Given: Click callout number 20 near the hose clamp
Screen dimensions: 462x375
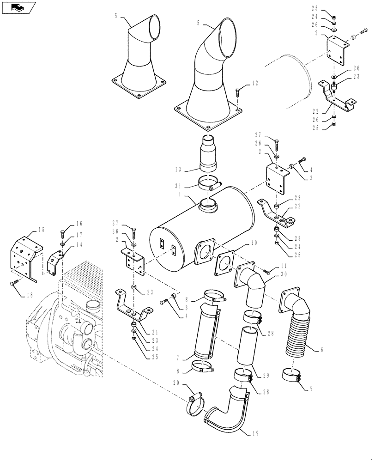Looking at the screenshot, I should pyautogui.click(x=176, y=383).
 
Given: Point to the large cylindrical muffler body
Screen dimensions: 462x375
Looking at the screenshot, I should pyautogui.click(x=203, y=231).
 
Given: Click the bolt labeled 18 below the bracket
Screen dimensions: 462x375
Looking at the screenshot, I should pyautogui.click(x=15, y=281).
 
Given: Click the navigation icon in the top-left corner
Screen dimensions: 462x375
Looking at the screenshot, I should pyautogui.click(x=18, y=7).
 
